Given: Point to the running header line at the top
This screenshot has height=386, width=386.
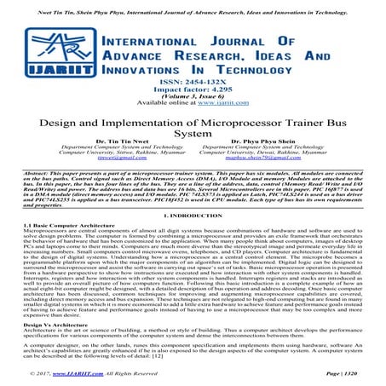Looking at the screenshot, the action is coord(193,7).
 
